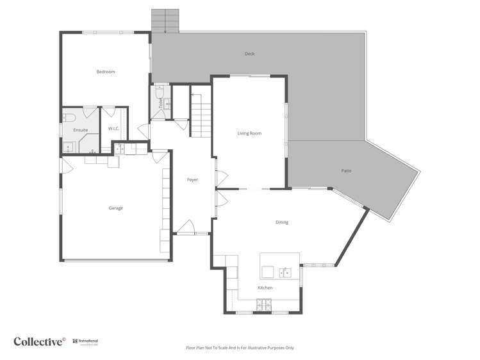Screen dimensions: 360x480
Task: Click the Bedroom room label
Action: pos(106,72)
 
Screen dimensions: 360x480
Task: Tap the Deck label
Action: pos(250,54)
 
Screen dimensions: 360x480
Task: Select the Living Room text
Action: pos(249,133)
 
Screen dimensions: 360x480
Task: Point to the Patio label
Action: pos(346,171)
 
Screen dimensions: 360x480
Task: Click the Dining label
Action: pos(282,222)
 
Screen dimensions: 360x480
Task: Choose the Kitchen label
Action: pos(265,288)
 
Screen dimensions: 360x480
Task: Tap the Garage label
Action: pos(115,208)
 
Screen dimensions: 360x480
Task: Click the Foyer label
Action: pos(192,180)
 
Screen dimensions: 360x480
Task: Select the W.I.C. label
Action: pos(114,129)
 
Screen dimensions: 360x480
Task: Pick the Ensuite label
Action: pos(80,130)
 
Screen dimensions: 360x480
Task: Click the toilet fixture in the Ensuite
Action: pos(69,117)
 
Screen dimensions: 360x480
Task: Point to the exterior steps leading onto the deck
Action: pos(165,21)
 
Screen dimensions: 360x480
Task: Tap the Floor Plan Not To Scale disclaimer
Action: pos(240,348)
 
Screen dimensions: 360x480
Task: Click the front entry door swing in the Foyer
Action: pos(186,227)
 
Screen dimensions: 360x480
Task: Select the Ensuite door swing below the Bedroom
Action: pos(90,113)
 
